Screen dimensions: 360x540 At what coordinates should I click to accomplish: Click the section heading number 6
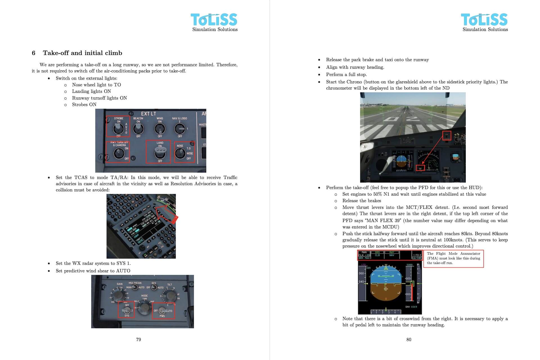(33, 53)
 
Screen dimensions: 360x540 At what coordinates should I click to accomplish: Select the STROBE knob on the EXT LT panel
(118, 129)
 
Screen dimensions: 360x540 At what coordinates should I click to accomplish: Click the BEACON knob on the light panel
(138, 129)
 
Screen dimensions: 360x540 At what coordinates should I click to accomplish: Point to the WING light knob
(160, 129)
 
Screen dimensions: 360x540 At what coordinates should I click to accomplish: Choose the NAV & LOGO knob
(180, 129)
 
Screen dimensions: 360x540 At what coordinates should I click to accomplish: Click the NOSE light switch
(180, 153)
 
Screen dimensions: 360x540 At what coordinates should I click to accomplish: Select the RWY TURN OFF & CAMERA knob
(118, 153)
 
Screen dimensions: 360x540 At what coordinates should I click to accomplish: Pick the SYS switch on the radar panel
(127, 310)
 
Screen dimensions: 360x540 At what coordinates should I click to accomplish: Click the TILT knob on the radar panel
(170, 295)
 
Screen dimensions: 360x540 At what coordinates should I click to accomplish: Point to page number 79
(138, 340)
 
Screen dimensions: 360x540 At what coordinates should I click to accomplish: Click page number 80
(409, 340)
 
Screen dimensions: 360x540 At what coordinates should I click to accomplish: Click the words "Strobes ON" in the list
(84, 105)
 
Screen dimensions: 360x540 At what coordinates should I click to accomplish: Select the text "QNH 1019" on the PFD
(411, 307)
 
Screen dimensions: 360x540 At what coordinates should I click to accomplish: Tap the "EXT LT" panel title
(148, 114)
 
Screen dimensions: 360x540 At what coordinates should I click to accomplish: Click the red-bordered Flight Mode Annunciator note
(453, 258)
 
